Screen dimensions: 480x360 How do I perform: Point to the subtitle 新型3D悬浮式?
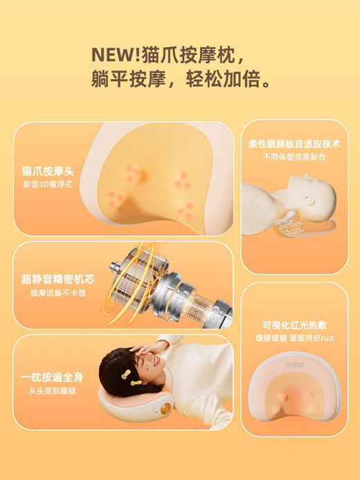pos(47,185)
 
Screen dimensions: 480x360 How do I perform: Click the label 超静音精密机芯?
pos(57,279)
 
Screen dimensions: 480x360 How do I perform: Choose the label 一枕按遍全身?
pos(52,377)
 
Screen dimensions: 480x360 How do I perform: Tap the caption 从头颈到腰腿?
pos(51,391)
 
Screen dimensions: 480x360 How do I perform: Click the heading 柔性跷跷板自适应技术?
pos(294,144)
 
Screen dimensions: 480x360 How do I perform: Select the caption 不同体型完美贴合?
pos(294,157)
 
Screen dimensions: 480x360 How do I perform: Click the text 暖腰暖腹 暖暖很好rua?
pos(294,339)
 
